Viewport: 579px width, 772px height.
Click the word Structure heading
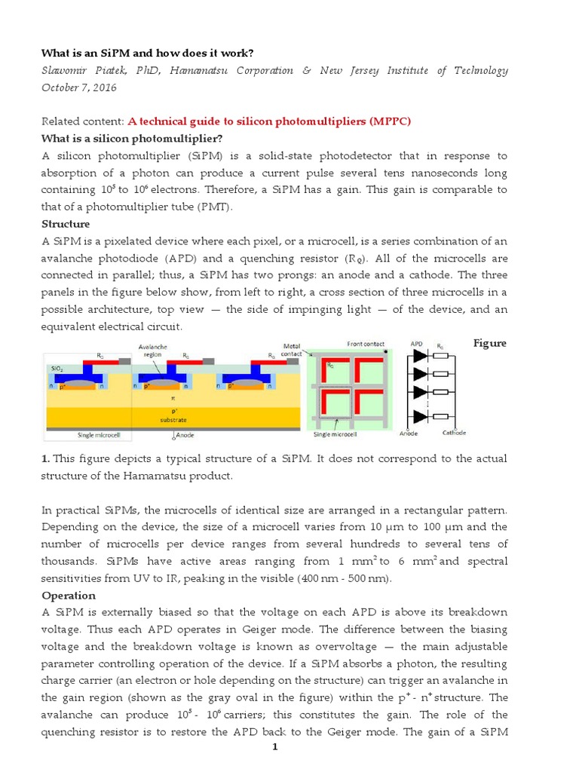66,224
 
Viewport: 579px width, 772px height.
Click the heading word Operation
69,596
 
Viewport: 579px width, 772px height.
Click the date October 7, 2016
79,87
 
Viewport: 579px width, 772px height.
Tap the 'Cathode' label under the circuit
454,433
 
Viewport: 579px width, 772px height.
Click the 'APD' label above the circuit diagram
416,345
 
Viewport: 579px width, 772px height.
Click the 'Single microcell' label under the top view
334,434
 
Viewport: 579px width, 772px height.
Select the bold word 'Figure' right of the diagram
490,344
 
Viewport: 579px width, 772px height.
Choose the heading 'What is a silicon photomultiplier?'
133,138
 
